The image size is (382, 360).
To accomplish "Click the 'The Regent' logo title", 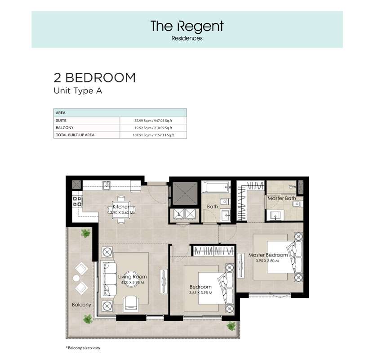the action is (187, 27).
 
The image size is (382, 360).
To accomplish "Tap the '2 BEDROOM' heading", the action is (94, 78).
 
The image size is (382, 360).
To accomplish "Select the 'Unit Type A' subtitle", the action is (78, 91).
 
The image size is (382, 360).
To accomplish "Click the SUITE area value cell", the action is (153, 121).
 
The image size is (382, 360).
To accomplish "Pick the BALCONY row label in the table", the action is (65, 128).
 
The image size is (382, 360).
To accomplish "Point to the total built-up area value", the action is (153, 135).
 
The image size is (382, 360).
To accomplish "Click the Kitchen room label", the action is (122, 207).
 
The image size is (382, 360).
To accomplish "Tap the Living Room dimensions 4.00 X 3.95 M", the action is (133, 283).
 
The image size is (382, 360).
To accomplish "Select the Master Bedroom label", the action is (268, 255).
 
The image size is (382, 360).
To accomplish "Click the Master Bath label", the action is (282, 198).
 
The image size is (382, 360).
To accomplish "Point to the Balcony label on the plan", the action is (81, 305).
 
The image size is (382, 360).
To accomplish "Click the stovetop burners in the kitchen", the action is (77, 201).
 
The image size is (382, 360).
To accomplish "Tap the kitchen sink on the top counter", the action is (107, 185).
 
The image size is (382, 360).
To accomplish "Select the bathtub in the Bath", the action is (216, 187).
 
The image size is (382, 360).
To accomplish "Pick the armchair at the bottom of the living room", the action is (131, 304).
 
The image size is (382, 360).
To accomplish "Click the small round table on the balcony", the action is (76, 278).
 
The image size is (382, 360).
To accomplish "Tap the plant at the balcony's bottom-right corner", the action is (231, 326).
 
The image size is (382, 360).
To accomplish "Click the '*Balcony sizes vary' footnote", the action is (83, 348).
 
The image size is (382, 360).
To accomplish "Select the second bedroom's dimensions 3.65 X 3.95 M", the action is (200, 292).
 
